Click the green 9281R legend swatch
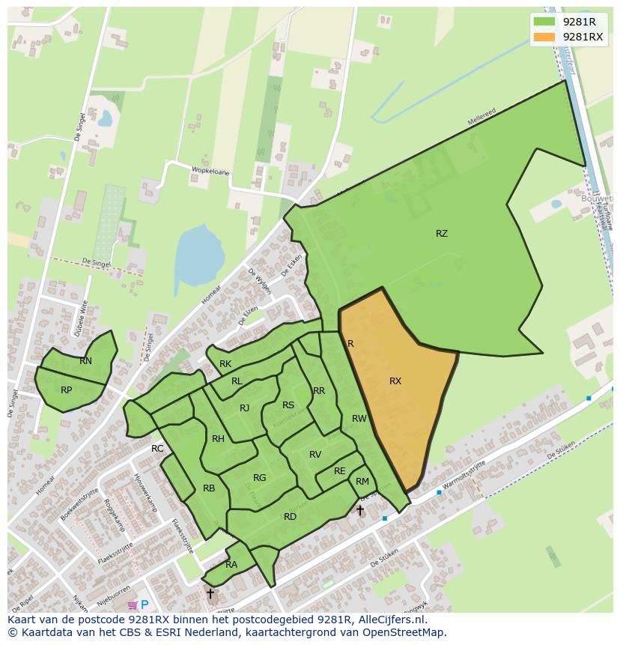(x=544, y=22)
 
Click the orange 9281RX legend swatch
(x=544, y=37)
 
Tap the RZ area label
(x=442, y=234)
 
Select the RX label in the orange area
(x=395, y=381)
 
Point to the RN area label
(x=86, y=361)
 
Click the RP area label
(x=67, y=390)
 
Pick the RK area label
(x=225, y=365)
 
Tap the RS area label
(x=288, y=405)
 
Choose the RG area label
(x=260, y=478)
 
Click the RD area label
(x=290, y=517)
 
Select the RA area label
(x=231, y=565)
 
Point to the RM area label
(x=362, y=482)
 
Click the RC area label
(x=157, y=449)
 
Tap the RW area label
(x=359, y=419)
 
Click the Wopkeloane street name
(x=210, y=171)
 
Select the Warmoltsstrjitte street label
(x=464, y=476)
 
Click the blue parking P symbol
(x=145, y=605)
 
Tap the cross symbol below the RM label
(x=360, y=510)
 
